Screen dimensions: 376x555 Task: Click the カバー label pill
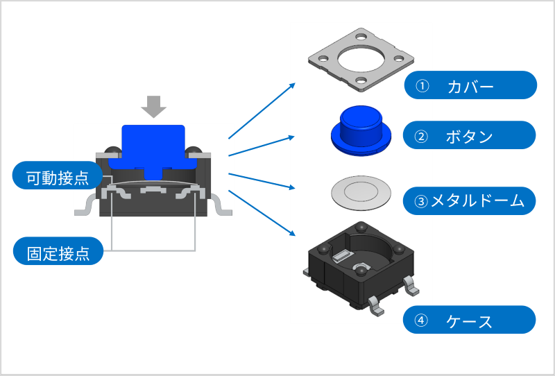470,85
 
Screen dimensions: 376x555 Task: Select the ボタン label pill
470,135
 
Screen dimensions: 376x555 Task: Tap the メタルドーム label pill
470,201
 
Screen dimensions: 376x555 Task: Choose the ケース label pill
470,321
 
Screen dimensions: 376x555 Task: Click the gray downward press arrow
153,106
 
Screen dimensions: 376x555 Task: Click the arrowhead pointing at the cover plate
293,85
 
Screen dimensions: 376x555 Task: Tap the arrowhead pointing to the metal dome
293,187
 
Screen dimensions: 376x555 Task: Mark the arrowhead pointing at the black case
293,234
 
